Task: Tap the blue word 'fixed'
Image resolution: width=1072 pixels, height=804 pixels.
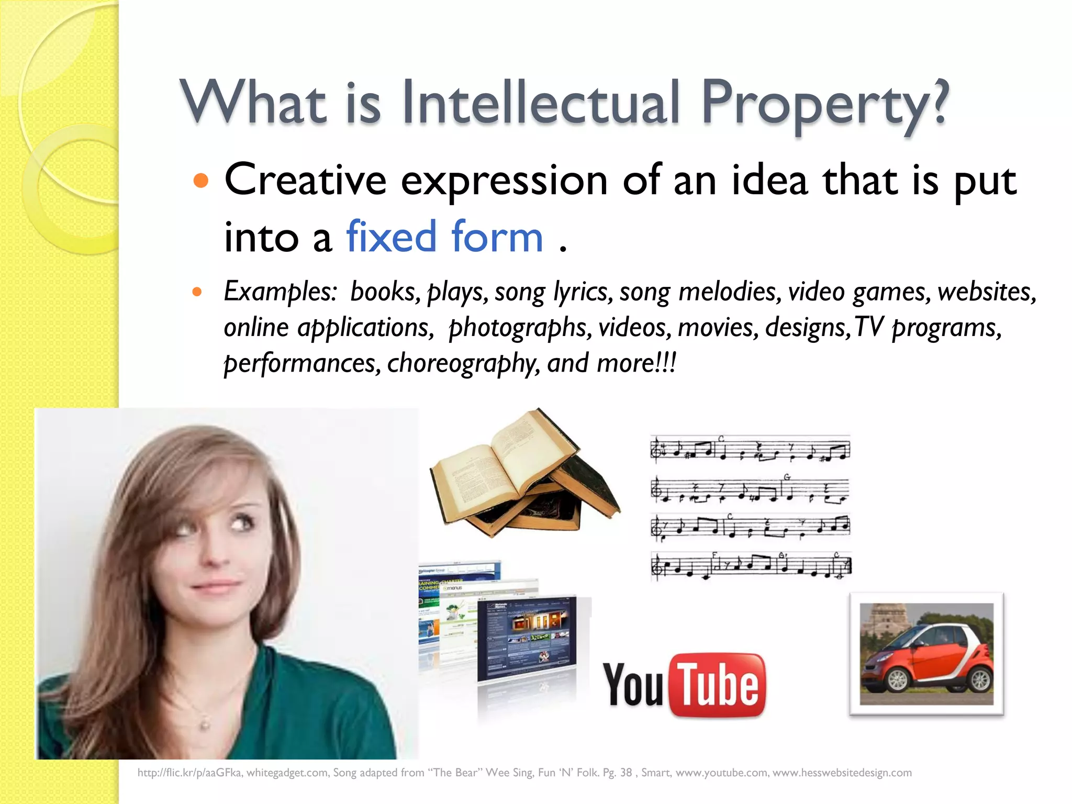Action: click(x=391, y=237)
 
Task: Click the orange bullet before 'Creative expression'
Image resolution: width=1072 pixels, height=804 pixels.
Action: click(x=201, y=181)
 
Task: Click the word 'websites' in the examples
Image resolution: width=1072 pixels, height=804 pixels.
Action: click(x=986, y=292)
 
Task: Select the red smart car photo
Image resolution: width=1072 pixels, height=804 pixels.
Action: click(x=926, y=654)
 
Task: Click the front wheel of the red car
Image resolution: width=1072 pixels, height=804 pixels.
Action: click(x=897, y=680)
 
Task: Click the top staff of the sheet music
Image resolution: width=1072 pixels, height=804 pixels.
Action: click(x=750, y=449)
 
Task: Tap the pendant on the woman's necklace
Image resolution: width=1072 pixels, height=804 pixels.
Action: click(x=205, y=725)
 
